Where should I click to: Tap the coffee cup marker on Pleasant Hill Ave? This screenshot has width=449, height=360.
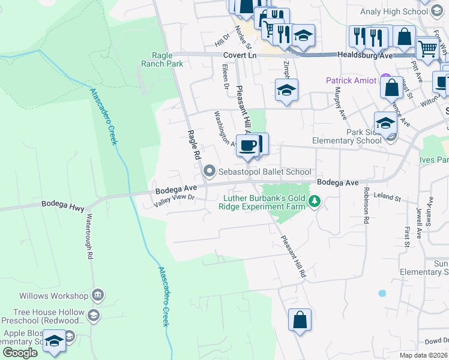point(247,145)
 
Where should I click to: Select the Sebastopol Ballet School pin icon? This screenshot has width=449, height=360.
point(209,172)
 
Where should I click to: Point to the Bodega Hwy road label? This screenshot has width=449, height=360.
point(60,204)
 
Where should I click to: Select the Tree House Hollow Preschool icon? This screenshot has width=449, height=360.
point(93,315)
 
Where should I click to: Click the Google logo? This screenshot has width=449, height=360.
point(20,353)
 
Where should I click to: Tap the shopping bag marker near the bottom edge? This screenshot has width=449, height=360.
point(300,319)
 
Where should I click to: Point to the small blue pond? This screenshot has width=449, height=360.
point(382,293)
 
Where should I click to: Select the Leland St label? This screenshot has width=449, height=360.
point(387,196)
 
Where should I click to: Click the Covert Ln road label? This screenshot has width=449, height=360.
point(240,55)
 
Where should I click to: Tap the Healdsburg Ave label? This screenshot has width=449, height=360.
point(364,55)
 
